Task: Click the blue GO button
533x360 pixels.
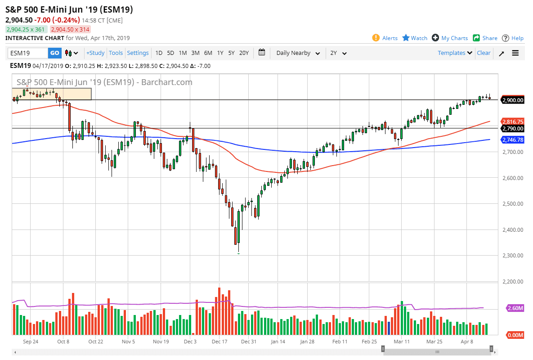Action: pyautogui.click(x=54, y=53)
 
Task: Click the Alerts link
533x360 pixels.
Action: pyautogui.click(x=390, y=38)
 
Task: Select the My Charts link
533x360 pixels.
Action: pyautogui.click(x=454, y=38)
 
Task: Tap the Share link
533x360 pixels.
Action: pyautogui.click(x=489, y=38)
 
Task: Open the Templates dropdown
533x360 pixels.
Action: pyautogui.click(x=455, y=53)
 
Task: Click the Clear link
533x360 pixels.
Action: pyautogui.click(x=484, y=53)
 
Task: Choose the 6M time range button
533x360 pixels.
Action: pyautogui.click(x=208, y=53)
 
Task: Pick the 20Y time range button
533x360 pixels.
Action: pyautogui.click(x=244, y=53)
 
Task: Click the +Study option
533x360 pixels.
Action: pyautogui.click(x=95, y=53)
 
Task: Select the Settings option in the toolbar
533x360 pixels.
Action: pyautogui.click(x=138, y=53)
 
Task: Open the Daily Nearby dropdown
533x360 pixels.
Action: pyautogui.click(x=298, y=53)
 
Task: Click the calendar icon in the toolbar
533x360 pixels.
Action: pyautogui.click(x=262, y=53)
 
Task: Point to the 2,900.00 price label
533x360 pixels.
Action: pyautogui.click(x=513, y=100)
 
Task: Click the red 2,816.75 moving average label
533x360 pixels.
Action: pyautogui.click(x=513, y=121)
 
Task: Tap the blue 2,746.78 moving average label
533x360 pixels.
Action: pyautogui.click(x=513, y=140)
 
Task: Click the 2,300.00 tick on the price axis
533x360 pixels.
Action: pyautogui.click(x=513, y=256)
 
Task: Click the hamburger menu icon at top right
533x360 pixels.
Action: pyautogui.click(x=515, y=53)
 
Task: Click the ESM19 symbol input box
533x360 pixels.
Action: pyautogui.click(x=28, y=53)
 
